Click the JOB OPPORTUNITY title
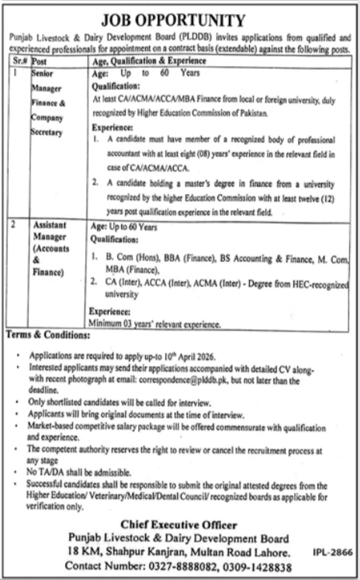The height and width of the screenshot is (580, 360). pyautogui.click(x=180, y=19)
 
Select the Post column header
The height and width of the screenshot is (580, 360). pyautogui.click(x=41, y=59)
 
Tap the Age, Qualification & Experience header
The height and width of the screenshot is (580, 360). pyautogui.click(x=144, y=59)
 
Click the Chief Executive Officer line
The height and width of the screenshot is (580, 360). pyautogui.click(x=180, y=525)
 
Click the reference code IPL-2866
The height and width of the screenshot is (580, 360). pyautogui.click(x=334, y=552)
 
